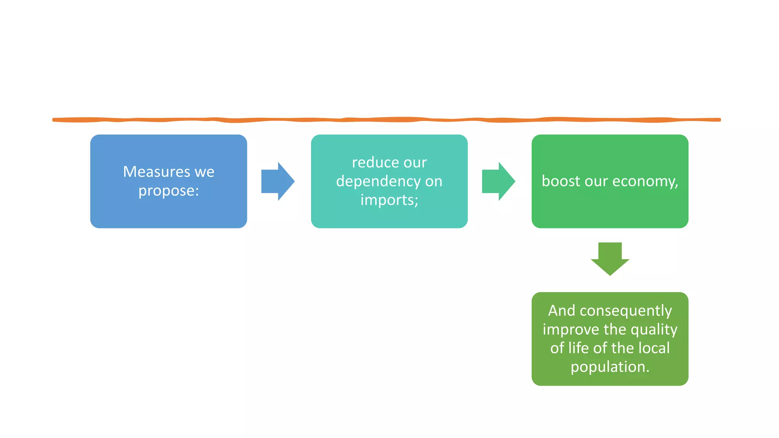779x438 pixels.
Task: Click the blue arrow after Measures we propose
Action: point(278,181)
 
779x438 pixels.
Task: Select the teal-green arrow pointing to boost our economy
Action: point(498,181)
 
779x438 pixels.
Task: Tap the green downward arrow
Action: point(610,259)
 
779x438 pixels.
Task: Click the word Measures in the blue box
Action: point(156,172)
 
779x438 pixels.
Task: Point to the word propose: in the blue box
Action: point(169,191)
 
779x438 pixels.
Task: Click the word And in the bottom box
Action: point(561,311)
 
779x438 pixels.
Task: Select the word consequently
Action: point(626,311)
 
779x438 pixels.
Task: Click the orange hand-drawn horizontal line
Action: point(386,120)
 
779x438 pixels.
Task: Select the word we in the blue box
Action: point(205,172)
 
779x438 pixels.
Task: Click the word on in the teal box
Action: point(434,182)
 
